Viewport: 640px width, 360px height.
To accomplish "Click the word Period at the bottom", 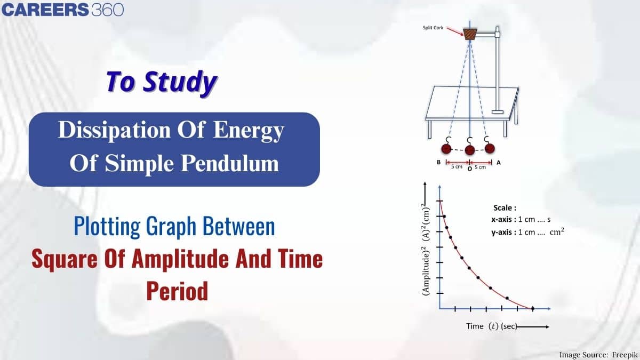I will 177,292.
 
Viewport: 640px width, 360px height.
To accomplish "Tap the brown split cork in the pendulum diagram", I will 469,35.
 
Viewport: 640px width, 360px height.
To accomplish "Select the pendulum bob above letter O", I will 470,150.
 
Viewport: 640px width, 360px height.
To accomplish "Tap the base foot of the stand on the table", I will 497,111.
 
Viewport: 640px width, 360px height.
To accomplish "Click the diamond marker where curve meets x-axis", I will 532,308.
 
